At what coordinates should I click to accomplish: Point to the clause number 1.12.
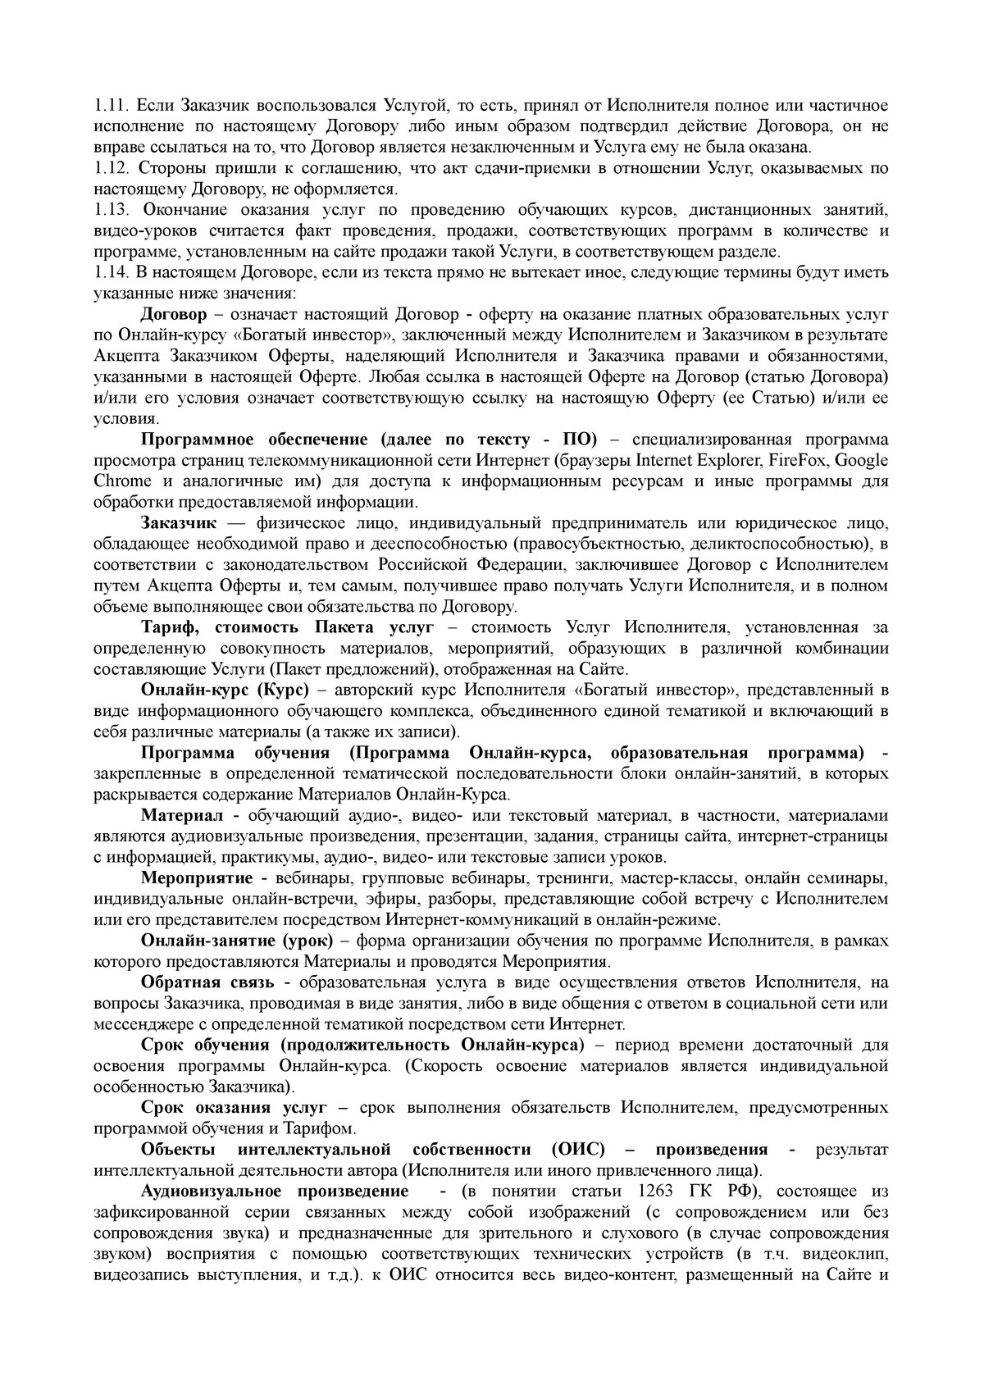pyautogui.click(x=110, y=168)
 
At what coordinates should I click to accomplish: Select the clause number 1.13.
pyautogui.click(x=110, y=210)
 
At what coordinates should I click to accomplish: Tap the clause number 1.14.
pyautogui.click(x=110, y=272)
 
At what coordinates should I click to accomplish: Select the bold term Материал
pyautogui.click(x=182, y=815)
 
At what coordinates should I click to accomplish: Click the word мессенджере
pyautogui.click(x=140, y=1024)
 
